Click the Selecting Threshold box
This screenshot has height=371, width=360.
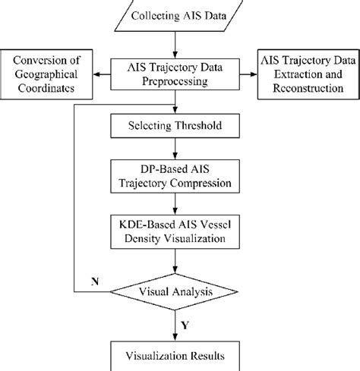coord(176,125)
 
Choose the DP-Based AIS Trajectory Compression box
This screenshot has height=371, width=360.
coord(176,175)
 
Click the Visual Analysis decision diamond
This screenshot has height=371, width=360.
coord(176,291)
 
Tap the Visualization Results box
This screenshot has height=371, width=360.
coord(176,354)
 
